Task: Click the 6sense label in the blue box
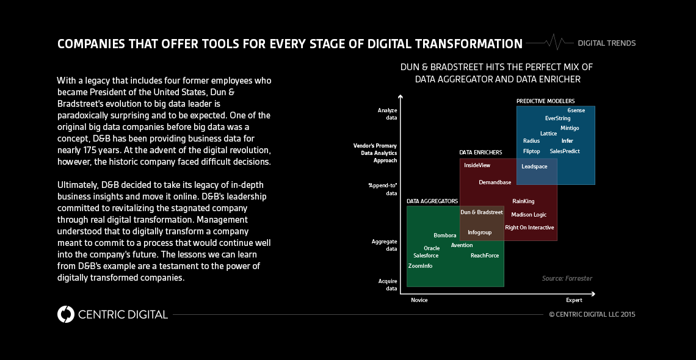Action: [x=576, y=110]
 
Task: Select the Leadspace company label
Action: [x=534, y=167]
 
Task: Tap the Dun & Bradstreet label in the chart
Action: [x=481, y=212]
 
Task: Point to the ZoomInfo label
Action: [x=420, y=266]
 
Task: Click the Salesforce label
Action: [x=426, y=256]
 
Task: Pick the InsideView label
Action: [x=477, y=165]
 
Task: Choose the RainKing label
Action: [x=523, y=201]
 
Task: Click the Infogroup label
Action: [x=479, y=232]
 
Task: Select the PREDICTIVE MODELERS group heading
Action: [x=545, y=101]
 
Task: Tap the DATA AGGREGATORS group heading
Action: [x=432, y=201]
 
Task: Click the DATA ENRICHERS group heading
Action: [x=480, y=152]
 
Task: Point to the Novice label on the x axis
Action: [x=419, y=300]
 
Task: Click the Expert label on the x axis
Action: [x=574, y=300]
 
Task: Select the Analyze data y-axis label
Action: [x=387, y=113]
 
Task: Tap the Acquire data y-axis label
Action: [x=387, y=284]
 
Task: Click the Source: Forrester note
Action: [x=567, y=279]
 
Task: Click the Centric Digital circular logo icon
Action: [x=65, y=314]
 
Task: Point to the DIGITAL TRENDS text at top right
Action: [x=606, y=43]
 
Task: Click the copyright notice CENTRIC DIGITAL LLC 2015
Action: [x=592, y=315]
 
